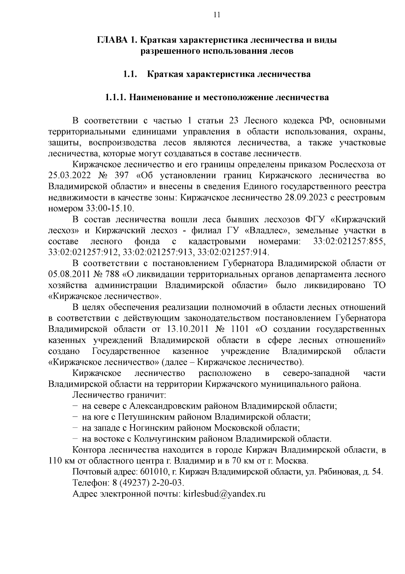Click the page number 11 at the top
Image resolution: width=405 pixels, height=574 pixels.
217,15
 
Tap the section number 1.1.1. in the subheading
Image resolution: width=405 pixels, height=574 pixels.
115,98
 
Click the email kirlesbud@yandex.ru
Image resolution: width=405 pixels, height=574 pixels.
224,494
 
